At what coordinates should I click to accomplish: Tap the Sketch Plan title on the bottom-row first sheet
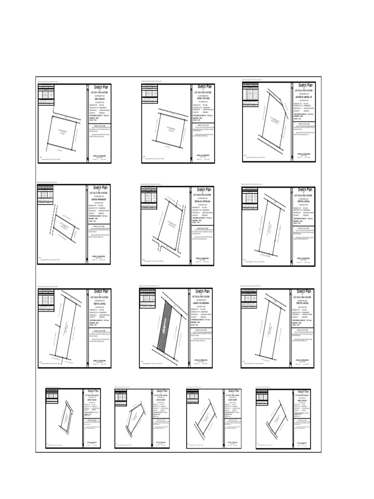[93, 391]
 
